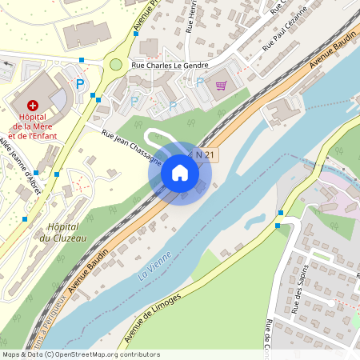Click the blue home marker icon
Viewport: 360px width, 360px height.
(180, 173)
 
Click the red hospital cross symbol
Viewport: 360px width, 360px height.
(33, 105)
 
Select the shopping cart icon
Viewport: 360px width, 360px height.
(221, 85)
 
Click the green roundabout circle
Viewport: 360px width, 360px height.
(116, 65)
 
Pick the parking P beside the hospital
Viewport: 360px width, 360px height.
(79, 83)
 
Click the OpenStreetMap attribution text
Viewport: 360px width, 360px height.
(80, 354)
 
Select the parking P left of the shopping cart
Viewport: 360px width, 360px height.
(199, 82)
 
